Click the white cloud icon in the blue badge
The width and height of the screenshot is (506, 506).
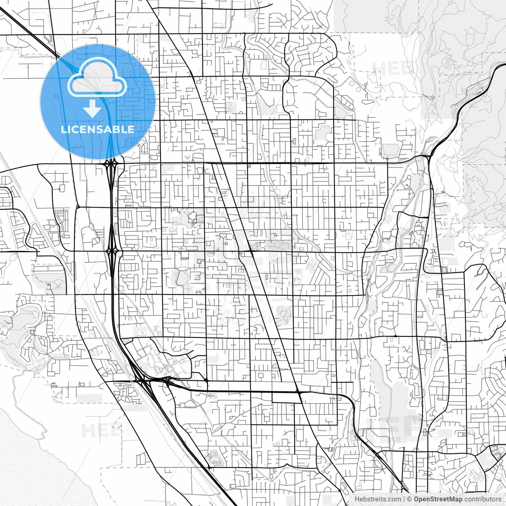point(97,77)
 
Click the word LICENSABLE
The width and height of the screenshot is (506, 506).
point(98,129)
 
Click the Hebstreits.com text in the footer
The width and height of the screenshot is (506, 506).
point(378,499)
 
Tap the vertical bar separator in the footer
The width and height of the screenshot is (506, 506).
point(404,499)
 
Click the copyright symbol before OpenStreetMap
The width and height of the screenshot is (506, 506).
point(410,499)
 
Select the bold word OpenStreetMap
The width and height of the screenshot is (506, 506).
point(438,499)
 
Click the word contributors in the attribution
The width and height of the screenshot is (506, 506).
point(483,499)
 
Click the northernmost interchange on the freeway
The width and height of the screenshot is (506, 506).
point(111,163)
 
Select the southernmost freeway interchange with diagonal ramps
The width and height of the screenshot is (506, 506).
point(141,381)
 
